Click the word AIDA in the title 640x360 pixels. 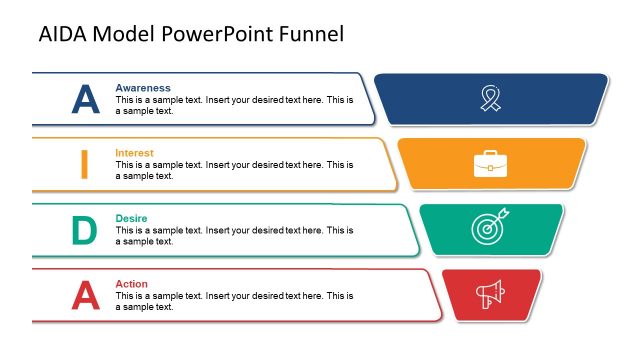(61, 34)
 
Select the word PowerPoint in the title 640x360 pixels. (210, 34)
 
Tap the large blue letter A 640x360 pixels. (86, 99)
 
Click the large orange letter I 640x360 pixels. (85, 164)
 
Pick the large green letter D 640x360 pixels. (85, 230)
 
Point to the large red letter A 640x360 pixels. (86, 295)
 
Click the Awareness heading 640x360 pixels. (143, 88)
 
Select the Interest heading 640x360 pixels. (135, 153)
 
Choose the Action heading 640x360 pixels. (131, 284)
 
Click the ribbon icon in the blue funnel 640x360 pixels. (490, 98)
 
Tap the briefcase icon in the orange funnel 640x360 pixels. (490, 163)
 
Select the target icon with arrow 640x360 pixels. (489, 228)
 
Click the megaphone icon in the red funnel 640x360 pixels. (490, 294)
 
